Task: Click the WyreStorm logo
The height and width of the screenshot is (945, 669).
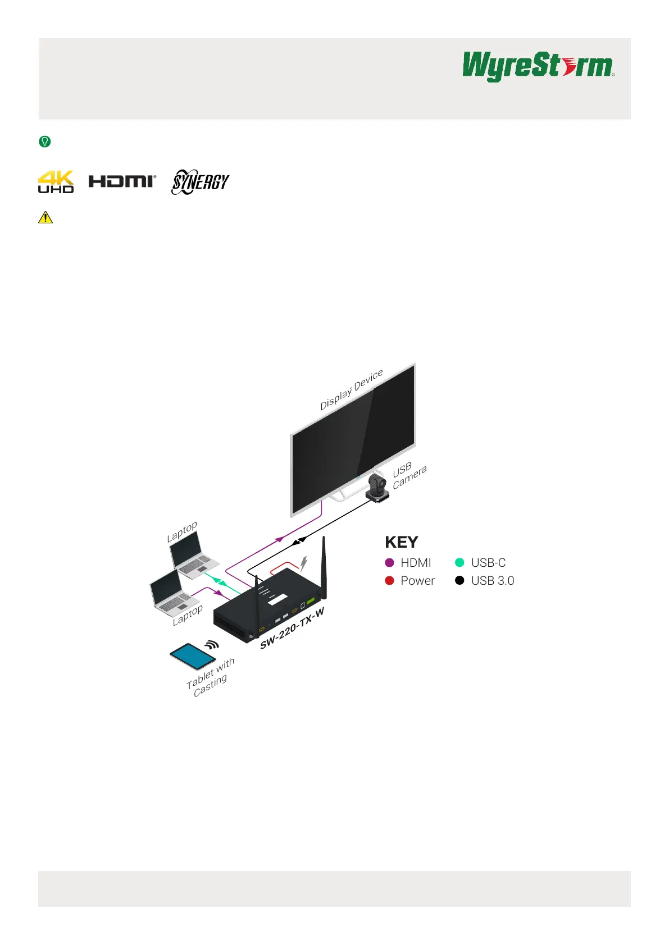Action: point(538,66)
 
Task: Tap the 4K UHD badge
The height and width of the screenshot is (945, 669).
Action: point(56,182)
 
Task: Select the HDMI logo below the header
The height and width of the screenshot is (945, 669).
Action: point(122,181)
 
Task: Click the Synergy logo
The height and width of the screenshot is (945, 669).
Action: point(200,182)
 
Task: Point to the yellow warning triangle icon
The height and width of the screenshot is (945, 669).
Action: point(45,217)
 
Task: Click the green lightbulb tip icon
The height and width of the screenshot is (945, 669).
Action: point(45,141)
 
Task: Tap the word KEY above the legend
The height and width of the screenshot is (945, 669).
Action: point(401,542)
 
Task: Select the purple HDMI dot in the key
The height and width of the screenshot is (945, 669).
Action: point(390,562)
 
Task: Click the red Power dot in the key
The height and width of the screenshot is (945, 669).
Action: point(390,580)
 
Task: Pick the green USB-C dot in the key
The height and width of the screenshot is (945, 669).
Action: point(459,562)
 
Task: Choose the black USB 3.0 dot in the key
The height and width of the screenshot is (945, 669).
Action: point(459,580)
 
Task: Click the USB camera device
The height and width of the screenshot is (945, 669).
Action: point(377,487)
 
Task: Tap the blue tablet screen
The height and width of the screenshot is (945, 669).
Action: point(193,655)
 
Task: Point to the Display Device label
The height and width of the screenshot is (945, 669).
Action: point(352,389)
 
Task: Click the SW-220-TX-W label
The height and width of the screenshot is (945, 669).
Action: point(292,628)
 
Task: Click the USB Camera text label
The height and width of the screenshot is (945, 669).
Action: point(409,475)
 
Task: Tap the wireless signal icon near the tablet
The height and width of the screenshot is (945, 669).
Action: point(211,645)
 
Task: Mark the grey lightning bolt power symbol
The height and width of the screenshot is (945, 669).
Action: point(303,563)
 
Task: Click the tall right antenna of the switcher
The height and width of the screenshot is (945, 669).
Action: point(324,567)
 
